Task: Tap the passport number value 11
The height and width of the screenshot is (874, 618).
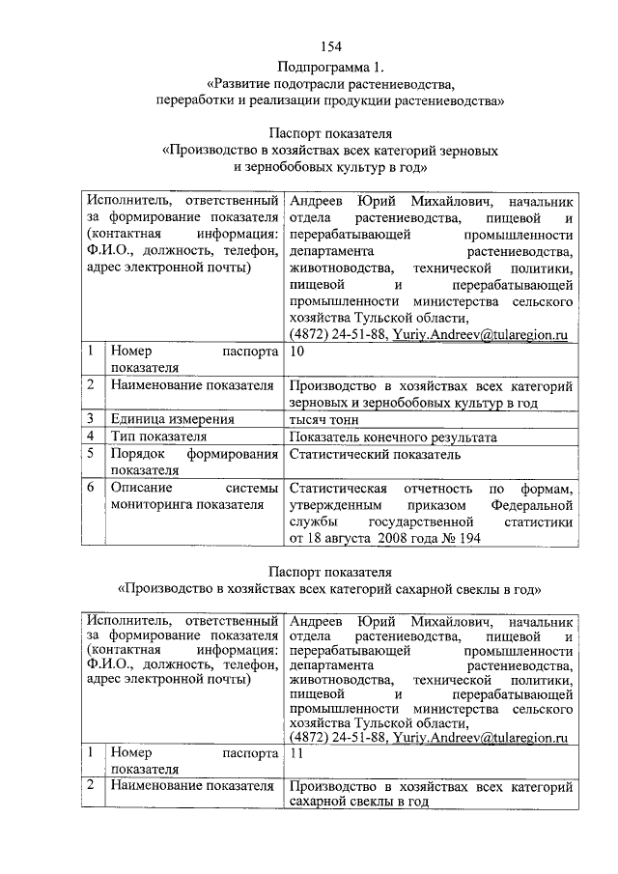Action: point(297,751)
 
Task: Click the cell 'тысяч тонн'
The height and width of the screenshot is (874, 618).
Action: point(323,419)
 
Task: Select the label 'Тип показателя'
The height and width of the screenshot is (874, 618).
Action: point(160,437)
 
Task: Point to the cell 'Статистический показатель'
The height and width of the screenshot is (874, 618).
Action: point(375,454)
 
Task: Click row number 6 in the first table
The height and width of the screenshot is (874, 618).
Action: point(89,488)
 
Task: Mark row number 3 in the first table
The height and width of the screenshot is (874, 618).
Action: point(89,419)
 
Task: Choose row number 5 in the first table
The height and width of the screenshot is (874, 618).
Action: point(89,454)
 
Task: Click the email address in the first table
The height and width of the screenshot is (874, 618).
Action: point(479,335)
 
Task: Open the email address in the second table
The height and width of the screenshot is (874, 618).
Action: point(479,737)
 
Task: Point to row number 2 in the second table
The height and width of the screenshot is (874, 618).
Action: point(89,786)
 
